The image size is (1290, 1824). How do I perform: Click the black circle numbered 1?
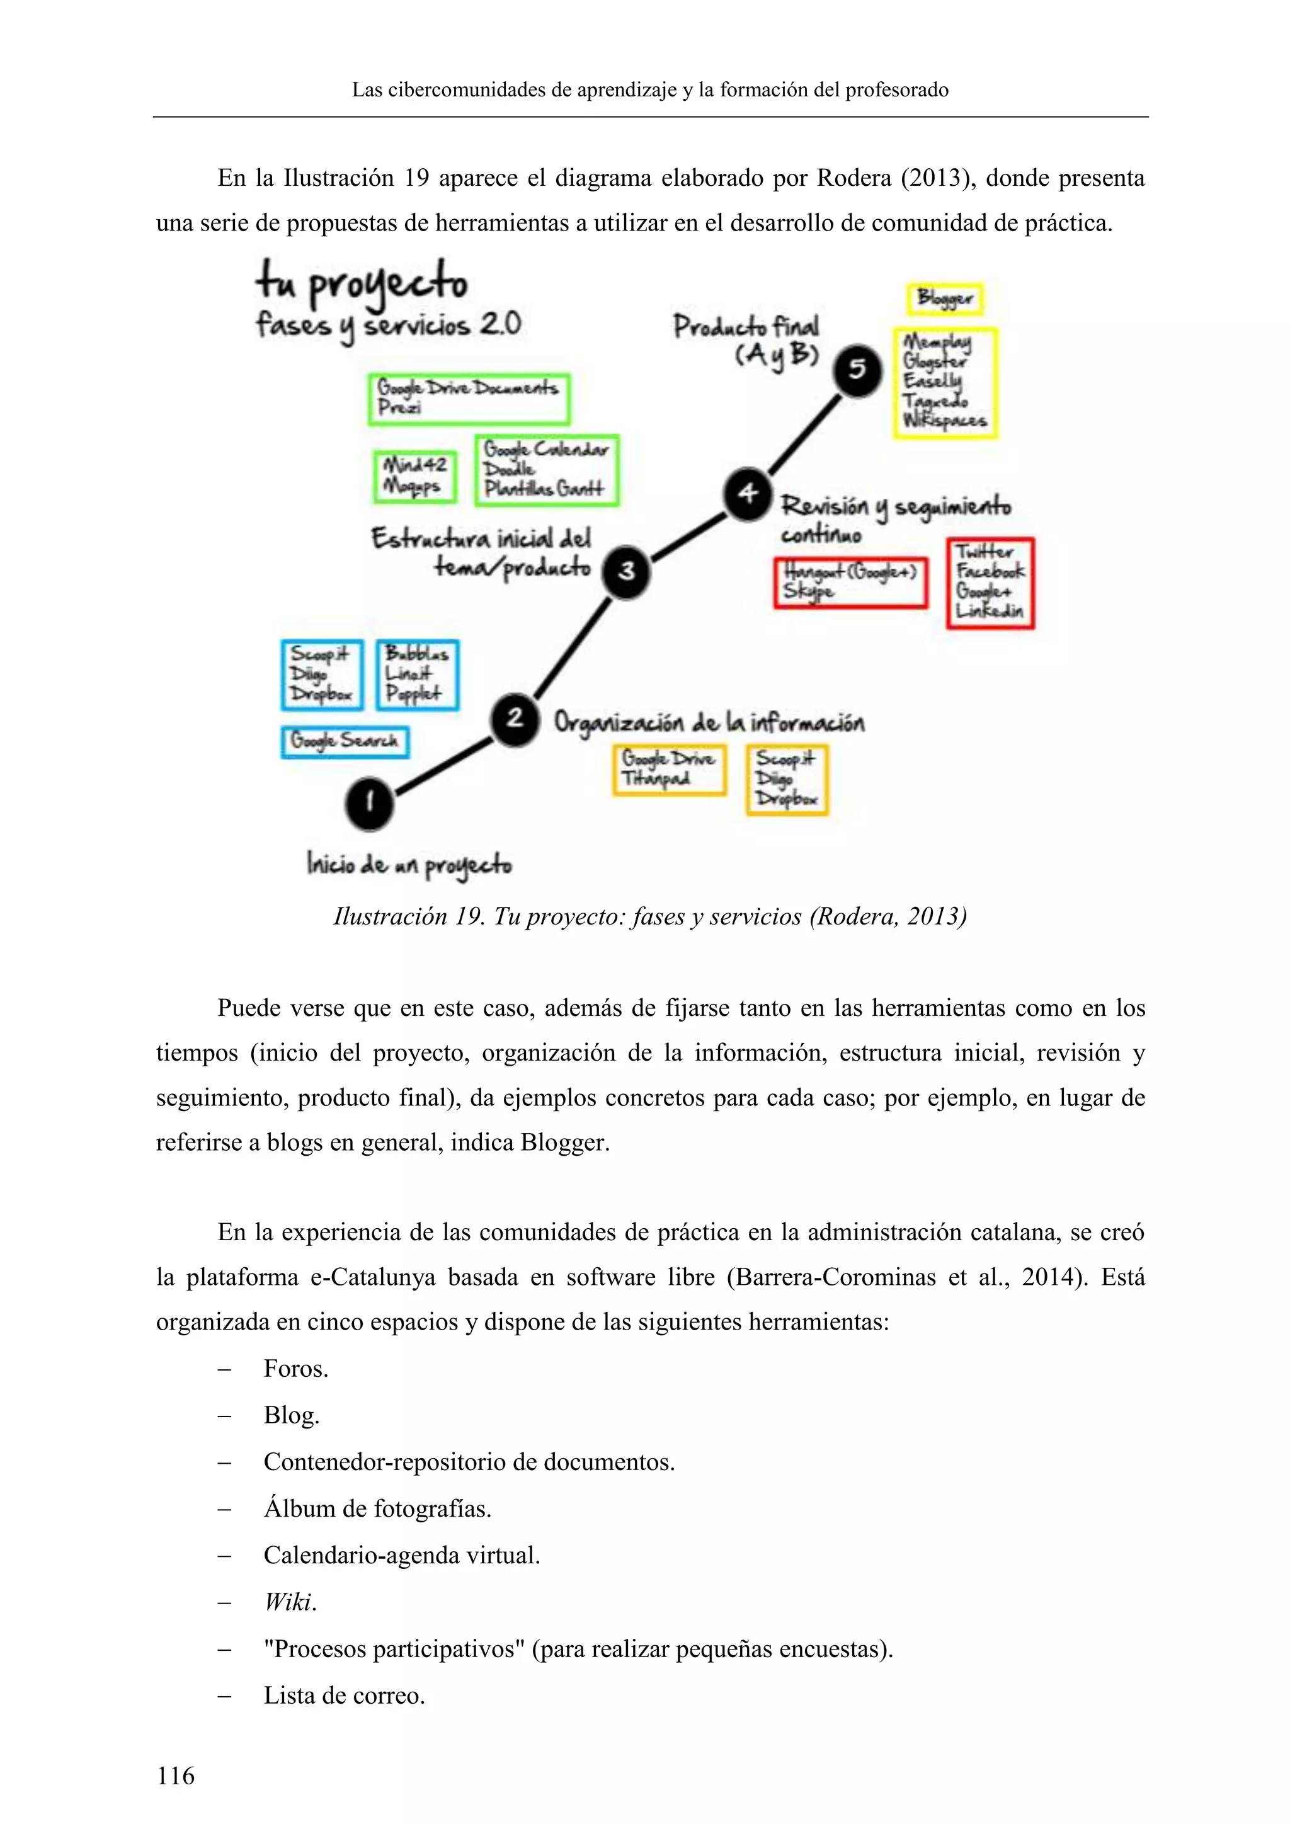pos(369,803)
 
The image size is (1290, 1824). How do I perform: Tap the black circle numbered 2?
pos(514,718)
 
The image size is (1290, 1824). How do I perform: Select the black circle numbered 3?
pos(627,571)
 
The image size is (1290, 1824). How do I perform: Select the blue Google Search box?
pos(345,741)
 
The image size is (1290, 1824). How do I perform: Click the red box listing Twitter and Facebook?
pos(990,583)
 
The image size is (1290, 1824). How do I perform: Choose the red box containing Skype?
pos(851,583)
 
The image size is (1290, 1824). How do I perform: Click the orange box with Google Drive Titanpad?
pos(669,769)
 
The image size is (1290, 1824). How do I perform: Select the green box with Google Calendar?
pos(547,470)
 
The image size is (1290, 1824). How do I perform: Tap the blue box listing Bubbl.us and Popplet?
pos(417,675)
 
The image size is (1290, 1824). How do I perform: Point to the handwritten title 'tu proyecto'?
pos(362,283)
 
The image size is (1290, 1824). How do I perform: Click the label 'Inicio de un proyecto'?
pos(409,864)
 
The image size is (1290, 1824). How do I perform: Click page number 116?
pos(176,1775)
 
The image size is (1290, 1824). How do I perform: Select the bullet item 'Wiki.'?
pos(290,1602)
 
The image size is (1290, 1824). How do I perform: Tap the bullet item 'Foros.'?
pos(295,1368)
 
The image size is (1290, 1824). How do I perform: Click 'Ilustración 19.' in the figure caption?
pos(408,917)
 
